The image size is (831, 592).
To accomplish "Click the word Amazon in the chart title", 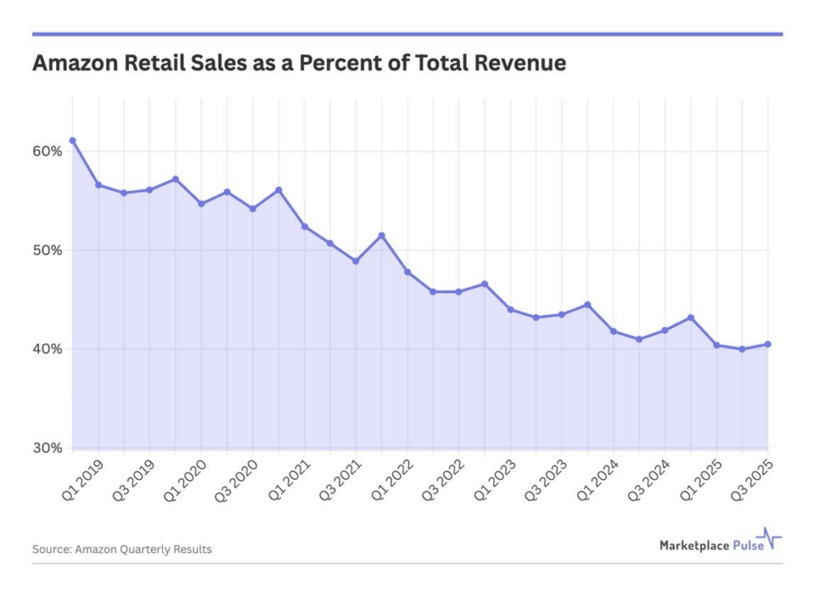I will pyautogui.click(x=71, y=63).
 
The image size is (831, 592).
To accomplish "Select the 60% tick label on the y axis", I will pyautogui.click(x=47, y=151).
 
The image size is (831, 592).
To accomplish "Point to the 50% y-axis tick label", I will pyautogui.click(x=47, y=250).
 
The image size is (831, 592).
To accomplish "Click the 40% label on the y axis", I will pyautogui.click(x=47, y=349).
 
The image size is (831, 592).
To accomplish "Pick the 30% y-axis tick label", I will pyautogui.click(x=47, y=448).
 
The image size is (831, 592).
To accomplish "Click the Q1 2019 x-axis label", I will pyautogui.click(x=80, y=480).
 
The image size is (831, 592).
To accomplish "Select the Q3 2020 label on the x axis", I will pyautogui.click(x=235, y=480).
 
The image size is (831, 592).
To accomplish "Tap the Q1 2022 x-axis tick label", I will pyautogui.click(x=389, y=480).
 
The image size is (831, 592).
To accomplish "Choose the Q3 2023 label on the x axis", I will pyautogui.click(x=543, y=480).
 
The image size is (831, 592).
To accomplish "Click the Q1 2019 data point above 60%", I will pyautogui.click(x=73, y=140).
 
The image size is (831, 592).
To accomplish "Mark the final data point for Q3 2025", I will pyautogui.click(x=768, y=344).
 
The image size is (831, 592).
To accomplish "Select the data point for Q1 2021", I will pyautogui.click(x=304, y=227).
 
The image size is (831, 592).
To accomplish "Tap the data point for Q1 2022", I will pyautogui.click(x=407, y=272).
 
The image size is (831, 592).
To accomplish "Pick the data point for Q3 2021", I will pyautogui.click(x=355, y=261).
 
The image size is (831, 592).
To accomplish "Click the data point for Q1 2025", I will pyautogui.click(x=717, y=345).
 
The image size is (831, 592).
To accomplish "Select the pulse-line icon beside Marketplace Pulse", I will pyautogui.click(x=769, y=539).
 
